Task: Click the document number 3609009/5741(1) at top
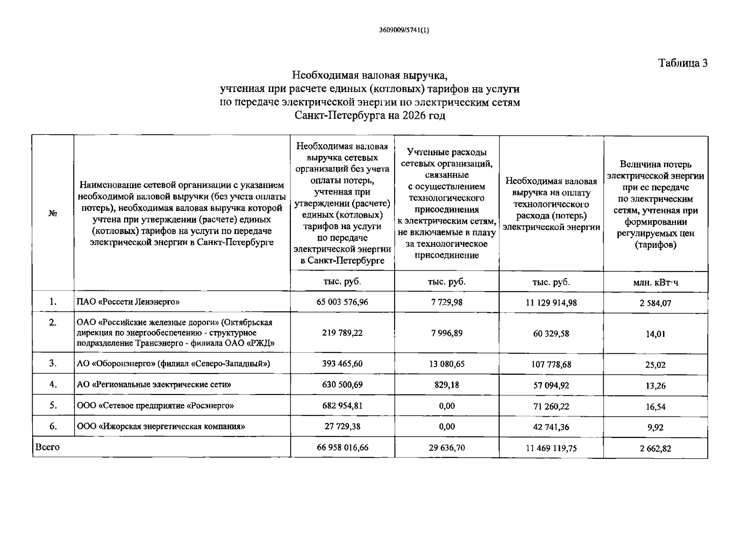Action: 400,30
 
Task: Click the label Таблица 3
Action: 683,63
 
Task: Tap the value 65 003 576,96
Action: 342,302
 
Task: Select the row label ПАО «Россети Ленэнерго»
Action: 128,302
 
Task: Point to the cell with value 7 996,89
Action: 447,333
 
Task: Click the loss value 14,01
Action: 655,334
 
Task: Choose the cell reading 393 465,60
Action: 342,364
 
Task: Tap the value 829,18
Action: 447,385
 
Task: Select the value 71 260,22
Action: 551,406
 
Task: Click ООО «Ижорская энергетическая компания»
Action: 161,427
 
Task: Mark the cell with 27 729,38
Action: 342,427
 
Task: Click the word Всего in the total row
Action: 47,447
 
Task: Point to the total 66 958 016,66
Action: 342,448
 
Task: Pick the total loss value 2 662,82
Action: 655,448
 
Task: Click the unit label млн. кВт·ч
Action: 655,283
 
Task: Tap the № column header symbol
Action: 53,214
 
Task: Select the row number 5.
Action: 53,406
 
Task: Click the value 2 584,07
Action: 655,303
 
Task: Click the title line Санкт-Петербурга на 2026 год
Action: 370,115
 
